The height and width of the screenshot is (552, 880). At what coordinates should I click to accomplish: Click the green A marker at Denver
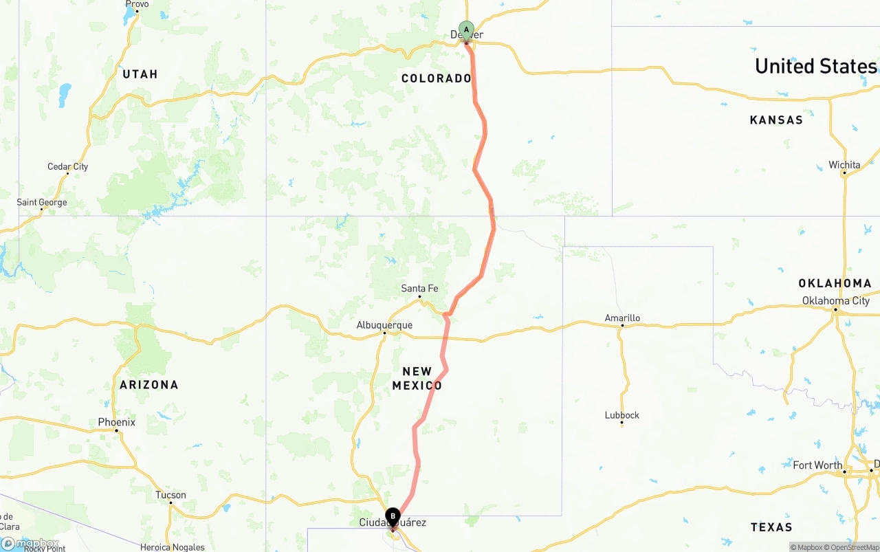[466, 30]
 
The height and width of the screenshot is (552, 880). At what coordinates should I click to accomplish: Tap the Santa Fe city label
[419, 289]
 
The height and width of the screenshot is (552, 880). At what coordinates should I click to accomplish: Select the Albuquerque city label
[384, 325]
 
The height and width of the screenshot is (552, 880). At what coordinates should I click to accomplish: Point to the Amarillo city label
[622, 318]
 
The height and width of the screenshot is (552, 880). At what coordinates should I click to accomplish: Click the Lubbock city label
[621, 415]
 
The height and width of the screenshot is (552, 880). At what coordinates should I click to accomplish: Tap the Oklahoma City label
[835, 300]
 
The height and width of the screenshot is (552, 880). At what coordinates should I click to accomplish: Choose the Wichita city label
[844, 165]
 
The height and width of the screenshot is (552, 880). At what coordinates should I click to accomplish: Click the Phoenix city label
[116, 422]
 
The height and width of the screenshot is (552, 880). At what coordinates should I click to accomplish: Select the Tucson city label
[170, 495]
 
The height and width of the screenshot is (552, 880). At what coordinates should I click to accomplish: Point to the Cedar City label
[67, 166]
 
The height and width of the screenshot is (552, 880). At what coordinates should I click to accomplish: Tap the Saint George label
[42, 203]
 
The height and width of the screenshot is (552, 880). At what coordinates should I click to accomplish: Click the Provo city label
[137, 4]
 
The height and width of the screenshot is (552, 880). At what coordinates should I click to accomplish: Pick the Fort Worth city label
[817, 465]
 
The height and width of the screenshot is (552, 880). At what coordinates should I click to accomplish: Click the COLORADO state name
[436, 78]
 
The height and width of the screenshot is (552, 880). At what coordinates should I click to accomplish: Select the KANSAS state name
[776, 120]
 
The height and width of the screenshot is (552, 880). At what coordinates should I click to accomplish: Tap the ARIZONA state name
[148, 385]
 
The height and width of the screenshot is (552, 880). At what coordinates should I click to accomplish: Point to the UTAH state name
[140, 74]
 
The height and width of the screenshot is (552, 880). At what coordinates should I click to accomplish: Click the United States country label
[815, 66]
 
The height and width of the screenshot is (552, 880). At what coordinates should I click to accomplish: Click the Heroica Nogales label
[172, 547]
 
